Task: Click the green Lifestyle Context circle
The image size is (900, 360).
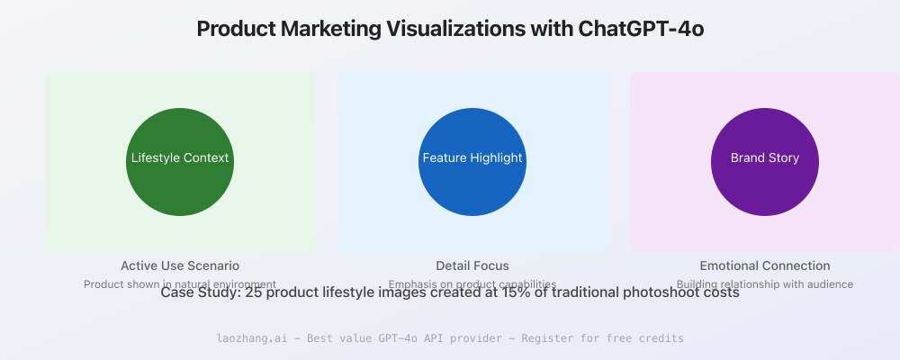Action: point(180,162)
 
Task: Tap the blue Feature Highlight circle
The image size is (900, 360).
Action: point(472,162)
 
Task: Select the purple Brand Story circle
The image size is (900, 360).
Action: point(765,162)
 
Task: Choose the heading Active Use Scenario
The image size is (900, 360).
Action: point(180,265)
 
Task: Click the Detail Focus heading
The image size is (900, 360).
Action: point(472,265)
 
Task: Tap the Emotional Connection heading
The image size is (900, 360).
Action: point(765,265)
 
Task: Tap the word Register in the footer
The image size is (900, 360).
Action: point(570,338)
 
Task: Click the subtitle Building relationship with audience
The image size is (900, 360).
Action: point(765,283)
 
